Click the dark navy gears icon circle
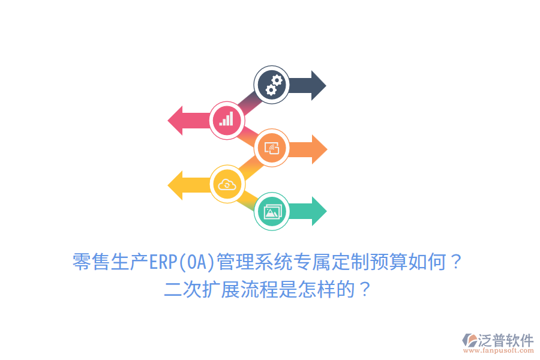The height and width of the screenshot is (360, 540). pos(272,85)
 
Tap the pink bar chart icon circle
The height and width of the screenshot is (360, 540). pos(227,120)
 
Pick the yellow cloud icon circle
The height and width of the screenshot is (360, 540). pos(227,184)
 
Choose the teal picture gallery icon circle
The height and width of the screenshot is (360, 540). pos(272,211)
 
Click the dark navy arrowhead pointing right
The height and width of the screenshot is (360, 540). pos(317,85)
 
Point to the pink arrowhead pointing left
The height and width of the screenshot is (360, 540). pos(176,120)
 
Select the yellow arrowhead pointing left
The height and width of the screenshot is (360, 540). pos(176,184)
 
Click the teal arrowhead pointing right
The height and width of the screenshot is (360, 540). pos(318,211)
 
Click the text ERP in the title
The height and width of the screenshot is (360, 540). pos(163,262)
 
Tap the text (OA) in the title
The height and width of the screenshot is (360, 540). pos(196,262)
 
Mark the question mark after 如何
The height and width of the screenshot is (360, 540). pos(456,262)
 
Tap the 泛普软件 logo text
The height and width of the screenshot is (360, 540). pos(505,340)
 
